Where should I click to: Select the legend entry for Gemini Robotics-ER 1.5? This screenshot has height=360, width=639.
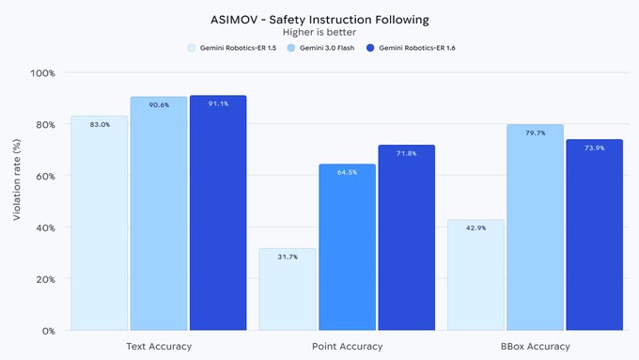pos(233,47)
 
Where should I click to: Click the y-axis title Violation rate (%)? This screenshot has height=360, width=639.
pos(16,201)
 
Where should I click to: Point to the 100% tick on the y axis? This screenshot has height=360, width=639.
pos(43,73)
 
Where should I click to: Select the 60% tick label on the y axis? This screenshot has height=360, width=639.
pos(45,177)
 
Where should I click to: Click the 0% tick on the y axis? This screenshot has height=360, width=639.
pos(48,331)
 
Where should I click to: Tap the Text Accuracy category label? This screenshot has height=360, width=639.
pos(159,347)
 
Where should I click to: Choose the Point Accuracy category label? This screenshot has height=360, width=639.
pos(347,347)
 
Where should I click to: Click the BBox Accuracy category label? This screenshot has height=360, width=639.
pos(535,347)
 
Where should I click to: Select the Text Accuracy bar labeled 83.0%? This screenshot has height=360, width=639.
pos(100,226)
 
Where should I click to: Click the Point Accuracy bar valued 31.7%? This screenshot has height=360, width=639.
pos(288,290)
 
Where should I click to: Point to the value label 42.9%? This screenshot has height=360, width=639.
pos(475,230)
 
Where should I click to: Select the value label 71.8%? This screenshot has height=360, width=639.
pos(406,153)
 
